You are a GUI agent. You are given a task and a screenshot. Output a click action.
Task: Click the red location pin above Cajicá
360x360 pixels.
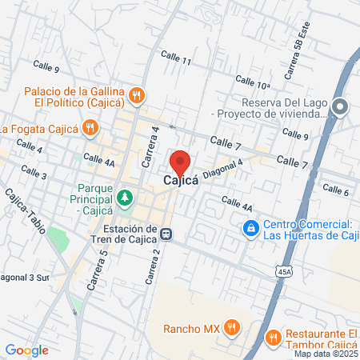181,162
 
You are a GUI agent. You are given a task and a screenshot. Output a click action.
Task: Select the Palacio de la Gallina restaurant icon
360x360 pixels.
138,94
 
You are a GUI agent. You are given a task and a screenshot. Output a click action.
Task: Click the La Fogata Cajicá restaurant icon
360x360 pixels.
92,127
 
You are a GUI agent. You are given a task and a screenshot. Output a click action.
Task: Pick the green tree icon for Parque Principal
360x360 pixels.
124,197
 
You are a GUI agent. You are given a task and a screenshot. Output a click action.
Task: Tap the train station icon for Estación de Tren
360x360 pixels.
166,234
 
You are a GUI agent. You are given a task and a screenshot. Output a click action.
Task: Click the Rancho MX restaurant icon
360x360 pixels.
232,326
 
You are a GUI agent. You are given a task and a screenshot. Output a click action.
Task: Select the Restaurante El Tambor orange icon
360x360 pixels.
274,337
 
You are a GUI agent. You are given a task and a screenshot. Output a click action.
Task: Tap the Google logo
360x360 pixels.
26,350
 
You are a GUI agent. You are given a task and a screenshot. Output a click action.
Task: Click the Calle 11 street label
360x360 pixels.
175,60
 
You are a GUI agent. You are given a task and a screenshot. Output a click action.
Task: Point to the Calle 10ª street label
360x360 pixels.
252,82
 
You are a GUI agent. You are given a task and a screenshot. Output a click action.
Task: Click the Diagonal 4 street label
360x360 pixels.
223,170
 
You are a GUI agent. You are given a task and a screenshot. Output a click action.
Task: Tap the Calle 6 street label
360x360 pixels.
335,190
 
